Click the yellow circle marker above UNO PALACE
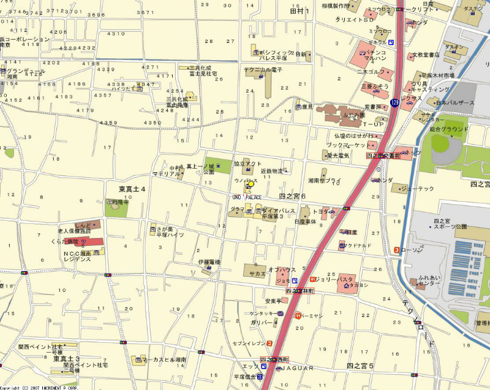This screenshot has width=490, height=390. tap(251, 185)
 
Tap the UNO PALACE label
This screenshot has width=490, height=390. tap(247, 197)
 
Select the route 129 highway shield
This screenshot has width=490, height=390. tap(394, 103)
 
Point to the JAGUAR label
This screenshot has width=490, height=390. tap(297, 368)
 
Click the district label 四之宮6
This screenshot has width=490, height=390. tap(292, 196)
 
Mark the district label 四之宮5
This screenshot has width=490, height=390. tap(360, 366)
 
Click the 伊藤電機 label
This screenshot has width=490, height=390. tap(208, 262)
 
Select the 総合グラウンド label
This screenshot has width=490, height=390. tap(449, 129)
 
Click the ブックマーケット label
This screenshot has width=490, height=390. tap(347, 145)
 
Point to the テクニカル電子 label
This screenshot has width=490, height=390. tap(263, 70)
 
